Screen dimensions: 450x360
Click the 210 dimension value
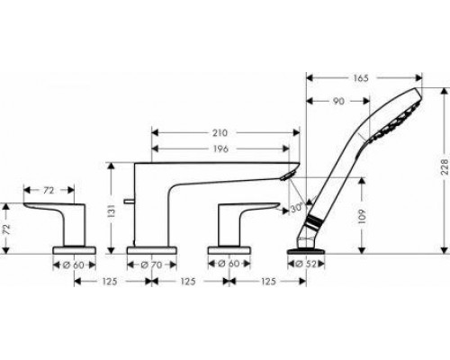220,132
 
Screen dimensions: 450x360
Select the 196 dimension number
220,148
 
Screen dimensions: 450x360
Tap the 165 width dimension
360,78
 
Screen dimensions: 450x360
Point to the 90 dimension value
338,101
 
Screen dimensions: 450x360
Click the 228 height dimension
445,166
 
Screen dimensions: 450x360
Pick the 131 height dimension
112,211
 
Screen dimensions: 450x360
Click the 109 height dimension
363,217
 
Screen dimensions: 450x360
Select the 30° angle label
297,208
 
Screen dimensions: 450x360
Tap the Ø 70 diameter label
151,265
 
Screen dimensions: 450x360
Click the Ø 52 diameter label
306,265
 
